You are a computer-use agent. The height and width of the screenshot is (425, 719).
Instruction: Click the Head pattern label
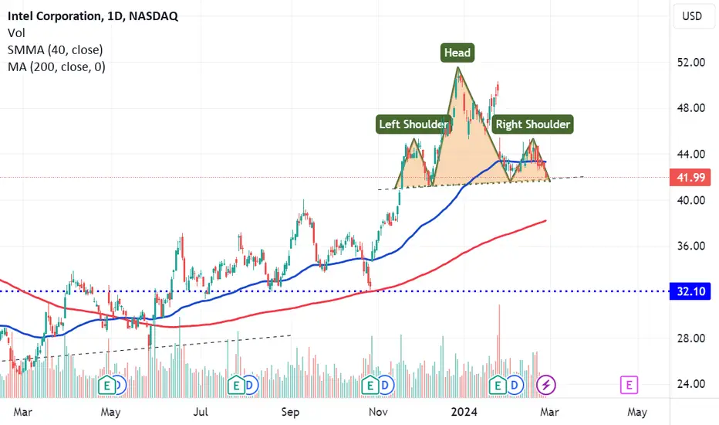click(x=457, y=53)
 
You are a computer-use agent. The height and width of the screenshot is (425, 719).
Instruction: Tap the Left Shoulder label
click(x=413, y=124)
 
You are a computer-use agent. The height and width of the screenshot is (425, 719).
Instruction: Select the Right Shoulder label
click(x=533, y=124)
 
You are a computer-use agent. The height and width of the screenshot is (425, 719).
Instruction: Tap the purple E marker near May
click(x=630, y=383)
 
